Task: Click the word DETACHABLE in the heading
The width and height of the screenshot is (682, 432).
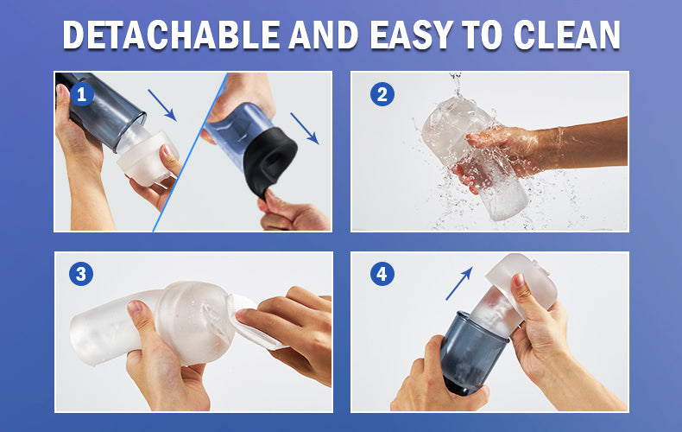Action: click(172, 35)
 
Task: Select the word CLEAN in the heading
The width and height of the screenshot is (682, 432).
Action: click(566, 35)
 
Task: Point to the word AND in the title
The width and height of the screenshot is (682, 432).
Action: click(324, 35)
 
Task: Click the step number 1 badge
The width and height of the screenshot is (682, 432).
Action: click(82, 94)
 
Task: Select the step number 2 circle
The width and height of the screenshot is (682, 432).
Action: click(382, 94)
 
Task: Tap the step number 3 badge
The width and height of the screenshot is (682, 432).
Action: click(81, 274)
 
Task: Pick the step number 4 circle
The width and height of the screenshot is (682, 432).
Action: click(382, 274)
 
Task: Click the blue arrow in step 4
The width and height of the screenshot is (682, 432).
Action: click(459, 283)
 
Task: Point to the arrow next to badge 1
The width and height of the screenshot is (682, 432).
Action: click(161, 105)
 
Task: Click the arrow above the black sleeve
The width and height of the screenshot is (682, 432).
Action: click(305, 129)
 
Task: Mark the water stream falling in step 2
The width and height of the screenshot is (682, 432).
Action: click(456, 85)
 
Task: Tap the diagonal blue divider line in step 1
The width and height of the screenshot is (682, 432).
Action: click(190, 151)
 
